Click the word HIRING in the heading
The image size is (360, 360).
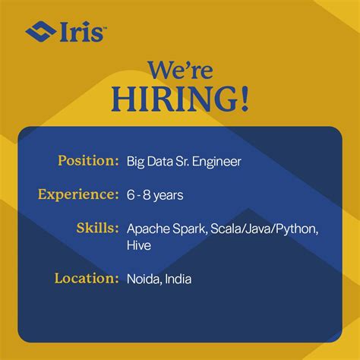(x=174, y=100)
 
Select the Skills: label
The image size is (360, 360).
(x=98, y=228)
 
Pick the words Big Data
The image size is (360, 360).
(x=149, y=161)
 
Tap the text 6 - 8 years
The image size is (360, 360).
(x=155, y=195)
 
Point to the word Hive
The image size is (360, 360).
(x=139, y=245)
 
